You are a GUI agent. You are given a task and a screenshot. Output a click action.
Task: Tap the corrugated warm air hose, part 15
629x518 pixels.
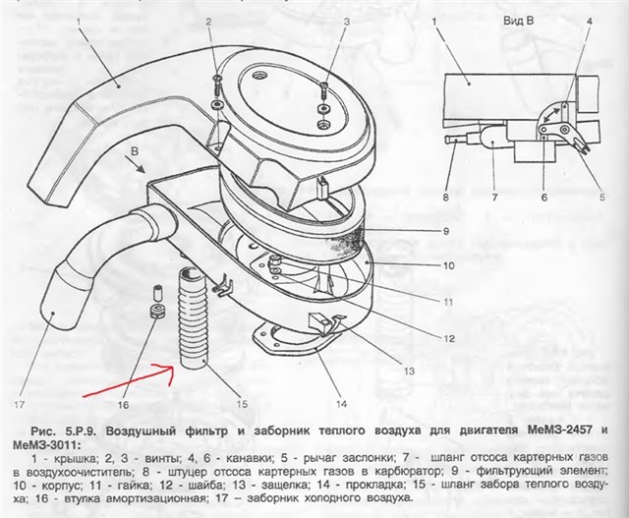pyautogui.click(x=193, y=317)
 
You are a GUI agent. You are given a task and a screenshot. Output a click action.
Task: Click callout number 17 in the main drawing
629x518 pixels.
pyautogui.click(x=20, y=404)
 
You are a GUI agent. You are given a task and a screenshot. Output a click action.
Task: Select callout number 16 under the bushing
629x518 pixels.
pyautogui.click(x=123, y=405)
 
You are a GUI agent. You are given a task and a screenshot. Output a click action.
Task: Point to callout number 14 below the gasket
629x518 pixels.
pyautogui.click(x=341, y=404)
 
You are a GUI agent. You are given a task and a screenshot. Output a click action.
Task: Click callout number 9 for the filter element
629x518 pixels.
pyautogui.click(x=446, y=232)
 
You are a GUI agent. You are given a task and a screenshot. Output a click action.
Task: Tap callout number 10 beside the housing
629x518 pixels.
pyautogui.click(x=448, y=265)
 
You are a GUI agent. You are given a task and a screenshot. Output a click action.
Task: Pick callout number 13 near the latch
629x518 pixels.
pyautogui.click(x=409, y=372)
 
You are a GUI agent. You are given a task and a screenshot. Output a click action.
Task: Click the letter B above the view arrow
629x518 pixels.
pyautogui.click(x=135, y=151)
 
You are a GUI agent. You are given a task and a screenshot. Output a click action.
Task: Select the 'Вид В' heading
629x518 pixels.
pyautogui.click(x=519, y=22)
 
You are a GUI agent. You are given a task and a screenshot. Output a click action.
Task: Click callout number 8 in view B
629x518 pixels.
pyautogui.click(x=445, y=198)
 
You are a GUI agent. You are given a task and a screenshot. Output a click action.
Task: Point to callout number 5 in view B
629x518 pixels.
pyautogui.click(x=601, y=197)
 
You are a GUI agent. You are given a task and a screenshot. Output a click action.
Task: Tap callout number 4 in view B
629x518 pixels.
pyautogui.click(x=590, y=22)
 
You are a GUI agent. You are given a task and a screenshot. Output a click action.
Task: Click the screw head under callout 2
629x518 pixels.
pyautogui.click(x=218, y=79)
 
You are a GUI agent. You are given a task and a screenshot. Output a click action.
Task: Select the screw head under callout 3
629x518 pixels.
pyautogui.click(x=324, y=86)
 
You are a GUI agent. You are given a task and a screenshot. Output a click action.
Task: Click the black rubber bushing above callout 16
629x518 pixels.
pyautogui.click(x=157, y=312)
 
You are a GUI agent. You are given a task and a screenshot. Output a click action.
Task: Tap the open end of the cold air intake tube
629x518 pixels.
pyautogui.click(x=52, y=313)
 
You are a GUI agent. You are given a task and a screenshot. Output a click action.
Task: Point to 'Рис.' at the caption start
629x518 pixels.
pyautogui.click(x=42, y=431)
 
